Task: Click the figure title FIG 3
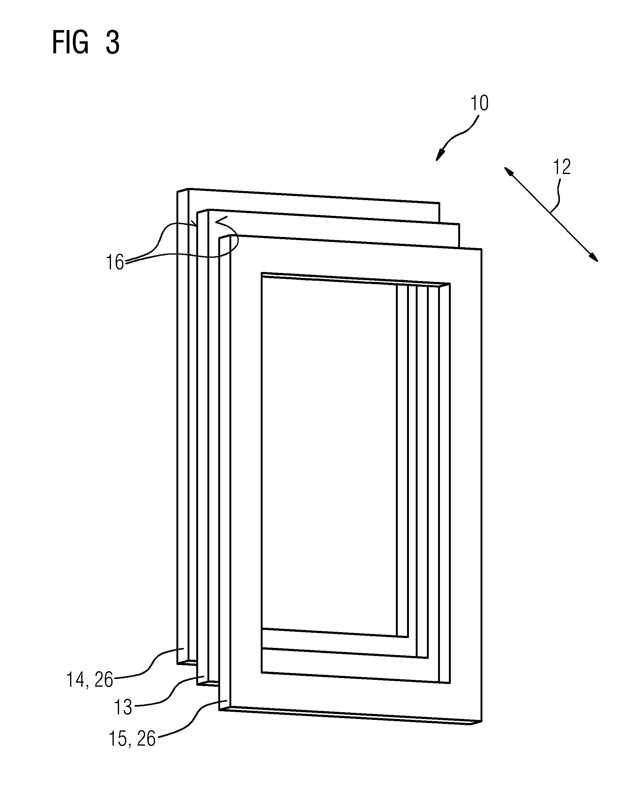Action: tap(86, 42)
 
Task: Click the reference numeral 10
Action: tap(479, 103)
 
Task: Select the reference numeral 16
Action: tap(115, 262)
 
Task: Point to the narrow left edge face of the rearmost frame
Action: tap(183, 426)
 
